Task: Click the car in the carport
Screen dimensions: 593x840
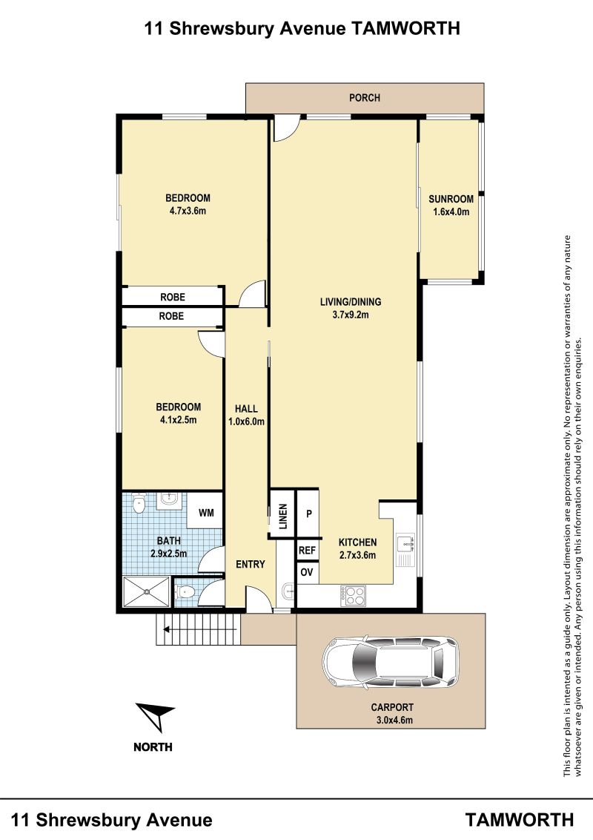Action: pyautogui.click(x=391, y=663)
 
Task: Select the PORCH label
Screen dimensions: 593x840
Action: pyautogui.click(x=365, y=97)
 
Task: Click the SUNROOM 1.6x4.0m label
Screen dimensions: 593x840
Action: pyautogui.click(x=451, y=206)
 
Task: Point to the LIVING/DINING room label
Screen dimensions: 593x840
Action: pyautogui.click(x=351, y=308)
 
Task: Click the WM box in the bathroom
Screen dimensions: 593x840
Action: pyautogui.click(x=206, y=513)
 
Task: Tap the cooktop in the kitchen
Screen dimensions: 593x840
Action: pyautogui.click(x=354, y=596)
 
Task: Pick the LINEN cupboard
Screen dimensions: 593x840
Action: pyautogui.click(x=282, y=513)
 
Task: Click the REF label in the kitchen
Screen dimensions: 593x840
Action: pyautogui.click(x=307, y=550)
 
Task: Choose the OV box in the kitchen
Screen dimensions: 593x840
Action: pyautogui.click(x=307, y=572)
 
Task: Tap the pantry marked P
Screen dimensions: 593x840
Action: pyautogui.click(x=309, y=513)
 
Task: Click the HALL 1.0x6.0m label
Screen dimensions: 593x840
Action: pyautogui.click(x=246, y=416)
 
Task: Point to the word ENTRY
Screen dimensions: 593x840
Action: pyautogui.click(x=251, y=564)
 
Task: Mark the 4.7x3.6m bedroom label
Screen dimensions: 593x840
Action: pyautogui.click(x=188, y=204)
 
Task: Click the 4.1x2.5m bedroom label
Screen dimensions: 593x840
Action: pyautogui.click(x=178, y=413)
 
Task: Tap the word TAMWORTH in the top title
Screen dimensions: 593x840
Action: pyautogui.click(x=405, y=28)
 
